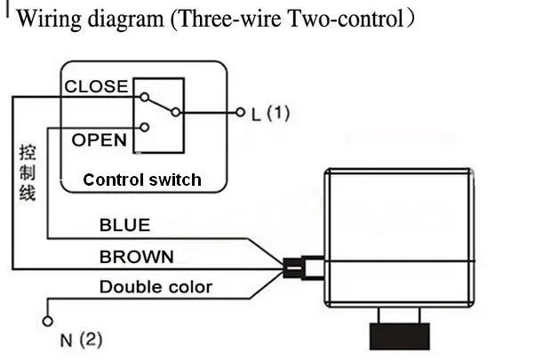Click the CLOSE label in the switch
coord(96,86)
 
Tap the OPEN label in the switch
coord(99,140)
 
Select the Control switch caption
coord(142,180)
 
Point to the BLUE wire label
coord(124,225)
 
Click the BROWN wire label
coord(137,257)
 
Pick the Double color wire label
coord(156,287)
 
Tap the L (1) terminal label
coord(270,114)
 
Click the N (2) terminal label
coord(82,340)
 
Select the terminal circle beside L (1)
coord(240,113)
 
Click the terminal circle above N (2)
coord(48,322)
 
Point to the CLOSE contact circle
coord(144,98)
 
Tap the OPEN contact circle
coord(145,127)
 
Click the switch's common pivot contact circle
coord(176,112)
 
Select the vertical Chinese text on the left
coord(28,172)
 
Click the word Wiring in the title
coord(49,19)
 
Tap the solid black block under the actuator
coord(400,336)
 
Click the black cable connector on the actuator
coord(292,268)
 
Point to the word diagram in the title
coord(125,20)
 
